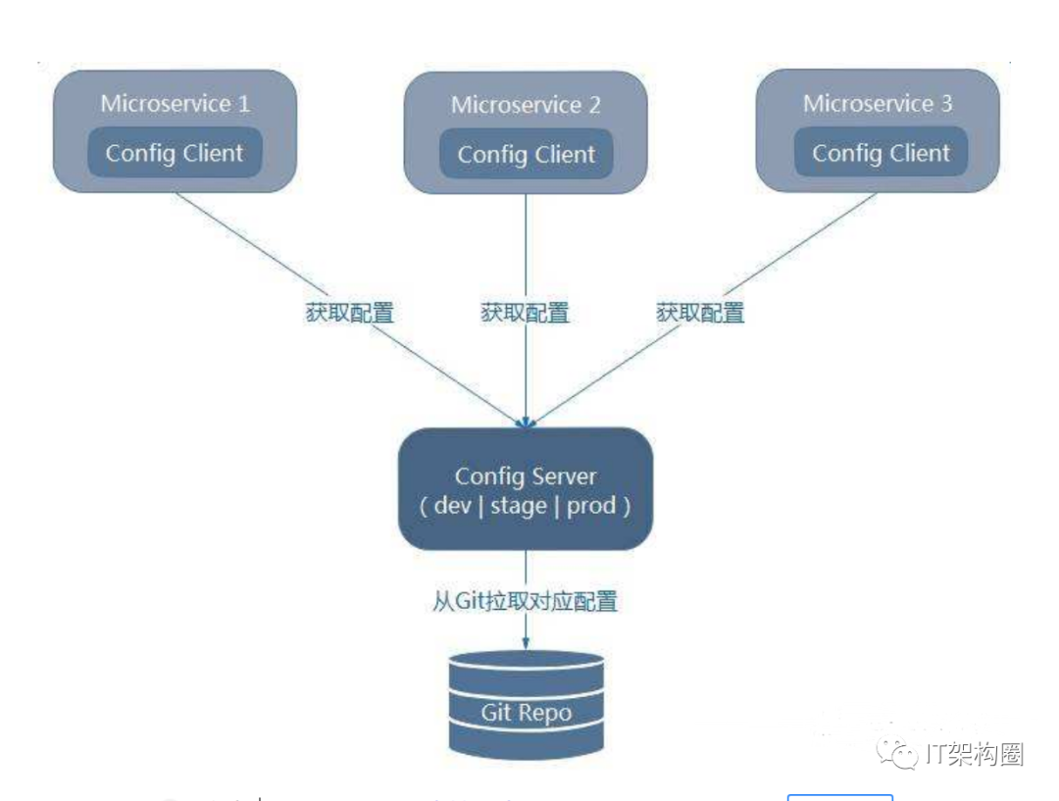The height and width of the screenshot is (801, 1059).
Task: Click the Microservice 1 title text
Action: point(175,103)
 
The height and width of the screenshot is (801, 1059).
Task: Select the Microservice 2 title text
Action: point(526,105)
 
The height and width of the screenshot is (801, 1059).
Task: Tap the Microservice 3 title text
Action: point(878,103)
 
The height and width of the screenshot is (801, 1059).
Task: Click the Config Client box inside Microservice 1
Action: point(175,153)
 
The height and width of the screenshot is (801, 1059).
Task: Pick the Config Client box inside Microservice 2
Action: point(526,155)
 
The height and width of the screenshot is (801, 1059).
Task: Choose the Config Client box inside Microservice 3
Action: point(881,153)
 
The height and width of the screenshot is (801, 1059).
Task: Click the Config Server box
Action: point(526,488)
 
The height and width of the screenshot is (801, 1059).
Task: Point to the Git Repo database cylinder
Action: point(526,702)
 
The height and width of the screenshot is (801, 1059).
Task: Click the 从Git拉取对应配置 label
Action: point(526,601)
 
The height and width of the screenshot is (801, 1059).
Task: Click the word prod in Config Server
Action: point(591,506)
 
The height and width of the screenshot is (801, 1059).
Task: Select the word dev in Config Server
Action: point(453,506)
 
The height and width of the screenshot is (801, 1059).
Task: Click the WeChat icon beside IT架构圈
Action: point(898,753)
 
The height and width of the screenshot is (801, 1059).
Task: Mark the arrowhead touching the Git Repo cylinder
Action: point(526,642)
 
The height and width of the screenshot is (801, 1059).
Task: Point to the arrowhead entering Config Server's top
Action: point(527,421)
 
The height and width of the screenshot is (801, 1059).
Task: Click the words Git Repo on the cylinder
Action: point(526,713)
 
